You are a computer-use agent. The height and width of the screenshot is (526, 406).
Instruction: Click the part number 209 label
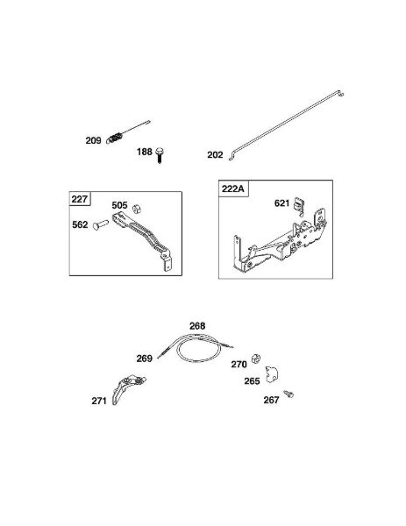[x=93, y=140]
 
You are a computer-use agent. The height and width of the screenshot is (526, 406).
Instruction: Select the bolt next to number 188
[x=160, y=155]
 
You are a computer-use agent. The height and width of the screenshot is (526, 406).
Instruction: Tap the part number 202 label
[x=215, y=154]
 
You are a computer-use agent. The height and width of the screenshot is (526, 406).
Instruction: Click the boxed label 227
[x=80, y=199]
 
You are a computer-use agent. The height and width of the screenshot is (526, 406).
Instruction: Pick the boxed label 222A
[x=233, y=188]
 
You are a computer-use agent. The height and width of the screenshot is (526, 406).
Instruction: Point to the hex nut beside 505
[x=137, y=210]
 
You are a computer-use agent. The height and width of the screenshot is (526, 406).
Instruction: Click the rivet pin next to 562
[x=101, y=224]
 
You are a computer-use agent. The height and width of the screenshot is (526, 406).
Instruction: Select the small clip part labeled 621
[x=299, y=205]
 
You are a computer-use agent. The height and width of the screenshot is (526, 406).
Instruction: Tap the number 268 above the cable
[x=197, y=326]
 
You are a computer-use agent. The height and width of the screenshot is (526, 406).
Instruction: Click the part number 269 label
[x=145, y=359]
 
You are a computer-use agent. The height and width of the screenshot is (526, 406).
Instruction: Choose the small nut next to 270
[x=256, y=359]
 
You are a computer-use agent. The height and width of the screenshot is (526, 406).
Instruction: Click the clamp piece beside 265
[x=272, y=374]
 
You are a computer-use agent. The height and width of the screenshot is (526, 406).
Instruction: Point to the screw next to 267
[x=288, y=394]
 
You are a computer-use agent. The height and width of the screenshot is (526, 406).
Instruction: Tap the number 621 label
[x=281, y=203]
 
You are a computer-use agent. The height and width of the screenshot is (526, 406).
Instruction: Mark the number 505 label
[x=120, y=205]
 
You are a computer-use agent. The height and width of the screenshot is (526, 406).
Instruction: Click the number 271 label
[x=99, y=401]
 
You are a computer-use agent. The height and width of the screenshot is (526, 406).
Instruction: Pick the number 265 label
[x=252, y=381]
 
